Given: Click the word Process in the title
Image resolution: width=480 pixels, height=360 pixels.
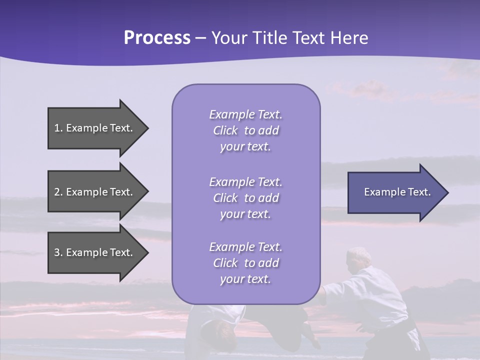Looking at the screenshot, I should [157, 38].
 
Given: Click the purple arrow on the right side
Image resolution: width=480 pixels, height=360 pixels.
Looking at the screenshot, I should [395, 192].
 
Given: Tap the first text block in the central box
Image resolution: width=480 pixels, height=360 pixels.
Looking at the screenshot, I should [245, 130].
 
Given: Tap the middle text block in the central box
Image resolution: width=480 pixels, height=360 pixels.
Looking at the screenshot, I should [245, 198].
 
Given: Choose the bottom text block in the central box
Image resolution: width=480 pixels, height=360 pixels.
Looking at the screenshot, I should [245, 263].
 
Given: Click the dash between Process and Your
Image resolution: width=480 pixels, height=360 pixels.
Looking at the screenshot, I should [201, 38].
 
